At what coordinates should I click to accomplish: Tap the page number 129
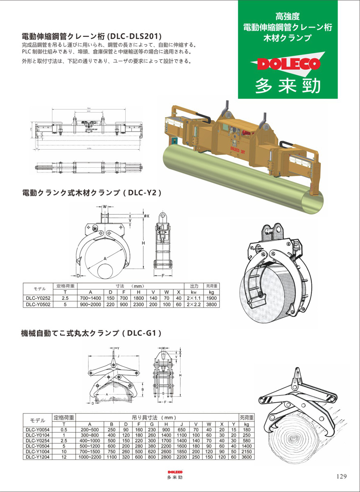(x=341, y=476)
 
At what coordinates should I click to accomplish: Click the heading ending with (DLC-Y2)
(x=92, y=193)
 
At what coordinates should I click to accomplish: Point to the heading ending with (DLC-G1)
(x=92, y=333)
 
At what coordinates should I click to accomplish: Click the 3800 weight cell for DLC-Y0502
(x=211, y=304)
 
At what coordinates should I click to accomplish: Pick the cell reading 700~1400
(x=90, y=298)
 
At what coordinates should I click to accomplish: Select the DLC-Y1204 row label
(x=36, y=456)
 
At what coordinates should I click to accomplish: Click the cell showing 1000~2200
(x=90, y=456)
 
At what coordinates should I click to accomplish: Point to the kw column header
(x=194, y=292)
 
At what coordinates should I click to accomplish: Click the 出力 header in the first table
(x=194, y=286)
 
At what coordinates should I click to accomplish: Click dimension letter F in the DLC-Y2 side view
(x=164, y=276)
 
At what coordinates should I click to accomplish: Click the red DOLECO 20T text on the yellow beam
(x=238, y=147)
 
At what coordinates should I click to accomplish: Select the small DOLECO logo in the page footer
(x=175, y=472)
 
